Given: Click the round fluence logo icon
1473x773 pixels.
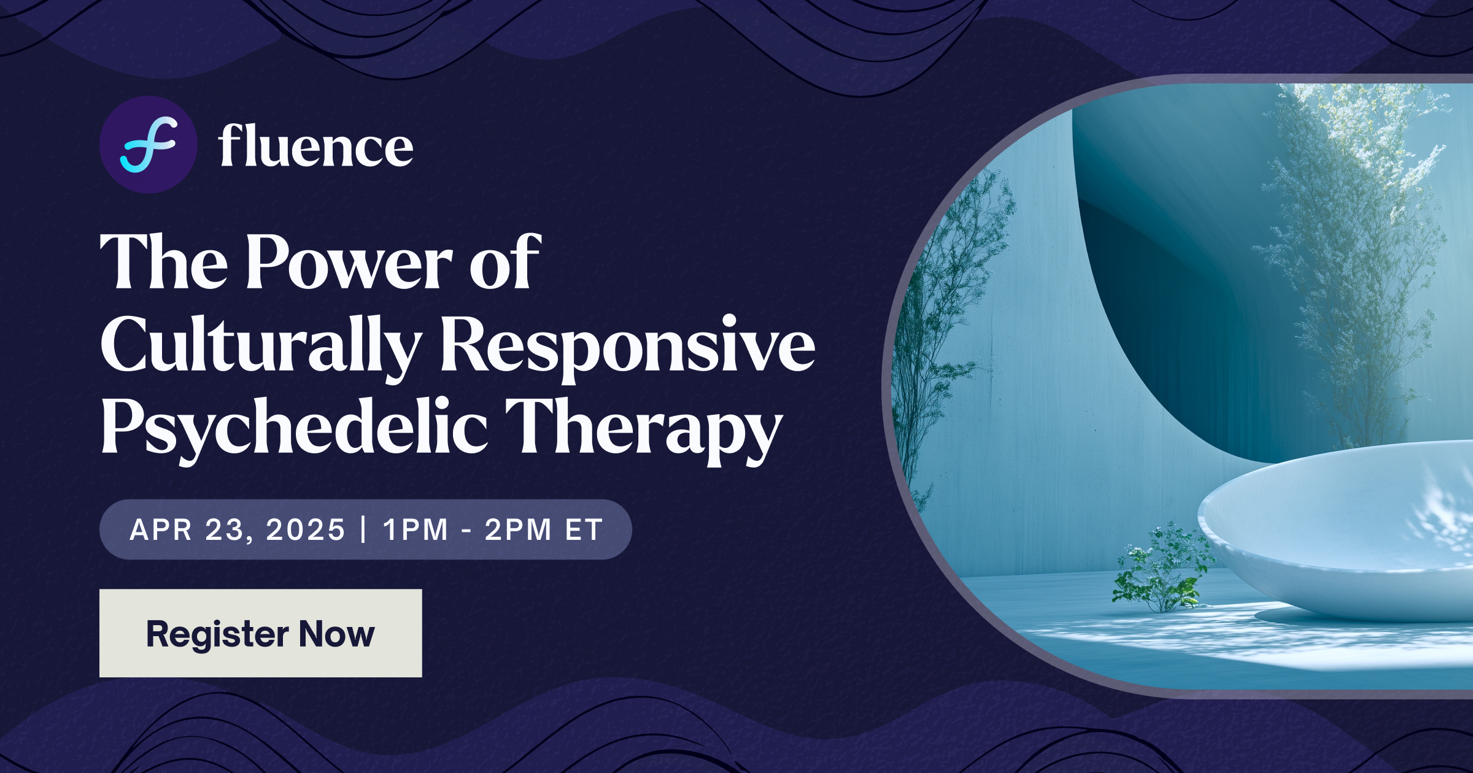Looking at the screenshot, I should [x=148, y=145].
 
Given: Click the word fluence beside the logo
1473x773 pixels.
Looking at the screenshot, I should [x=315, y=147].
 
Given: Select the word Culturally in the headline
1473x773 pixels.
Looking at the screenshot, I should [x=260, y=345].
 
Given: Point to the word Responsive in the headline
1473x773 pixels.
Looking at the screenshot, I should [x=627, y=345].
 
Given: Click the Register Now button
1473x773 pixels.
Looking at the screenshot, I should [x=260, y=633].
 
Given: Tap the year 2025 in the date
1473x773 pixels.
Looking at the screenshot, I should [x=306, y=530].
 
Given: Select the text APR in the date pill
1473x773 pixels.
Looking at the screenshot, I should [x=161, y=530].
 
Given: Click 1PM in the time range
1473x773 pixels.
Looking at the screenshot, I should [x=416, y=530].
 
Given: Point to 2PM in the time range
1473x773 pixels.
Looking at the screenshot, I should [x=518, y=530].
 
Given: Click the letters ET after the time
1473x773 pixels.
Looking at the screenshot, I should [x=584, y=530].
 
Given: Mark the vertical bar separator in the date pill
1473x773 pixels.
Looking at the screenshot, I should [x=364, y=529].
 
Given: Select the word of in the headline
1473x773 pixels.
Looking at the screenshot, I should [x=505, y=263].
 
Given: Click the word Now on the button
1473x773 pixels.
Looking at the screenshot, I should [x=336, y=633].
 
